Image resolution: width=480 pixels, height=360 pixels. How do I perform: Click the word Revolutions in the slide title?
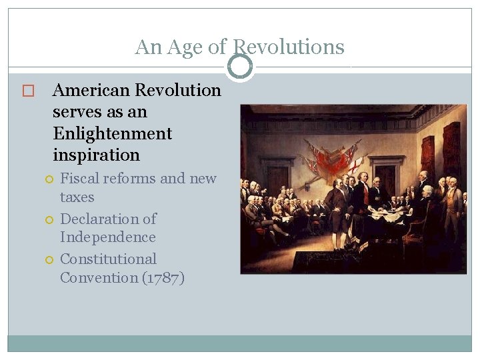click(x=288, y=47)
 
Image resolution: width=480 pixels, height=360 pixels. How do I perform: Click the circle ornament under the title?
click(x=240, y=67)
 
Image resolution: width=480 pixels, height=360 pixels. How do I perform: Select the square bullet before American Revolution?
click(x=27, y=91)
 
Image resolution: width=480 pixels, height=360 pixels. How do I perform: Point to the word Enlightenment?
click(x=112, y=133)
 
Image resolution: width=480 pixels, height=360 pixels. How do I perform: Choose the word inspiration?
click(x=96, y=155)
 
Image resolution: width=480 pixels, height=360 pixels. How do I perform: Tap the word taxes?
click(x=77, y=197)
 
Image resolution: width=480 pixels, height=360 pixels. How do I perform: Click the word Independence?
click(x=108, y=237)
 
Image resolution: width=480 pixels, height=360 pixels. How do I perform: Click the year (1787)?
click(x=163, y=277)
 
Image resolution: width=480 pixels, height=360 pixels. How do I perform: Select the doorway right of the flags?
click(x=386, y=173)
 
